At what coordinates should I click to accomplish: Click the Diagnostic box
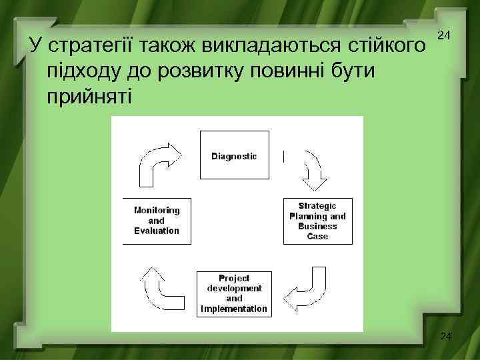click(x=233, y=155)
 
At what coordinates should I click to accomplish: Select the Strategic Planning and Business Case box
click(x=318, y=221)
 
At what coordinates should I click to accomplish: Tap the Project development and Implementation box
click(x=234, y=293)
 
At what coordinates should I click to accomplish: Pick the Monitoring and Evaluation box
click(x=157, y=221)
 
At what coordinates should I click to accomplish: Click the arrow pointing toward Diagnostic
click(x=159, y=164)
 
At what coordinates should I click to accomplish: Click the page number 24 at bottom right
click(x=446, y=337)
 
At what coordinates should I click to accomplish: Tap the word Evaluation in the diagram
click(x=157, y=231)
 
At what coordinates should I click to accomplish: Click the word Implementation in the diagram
click(x=234, y=309)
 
